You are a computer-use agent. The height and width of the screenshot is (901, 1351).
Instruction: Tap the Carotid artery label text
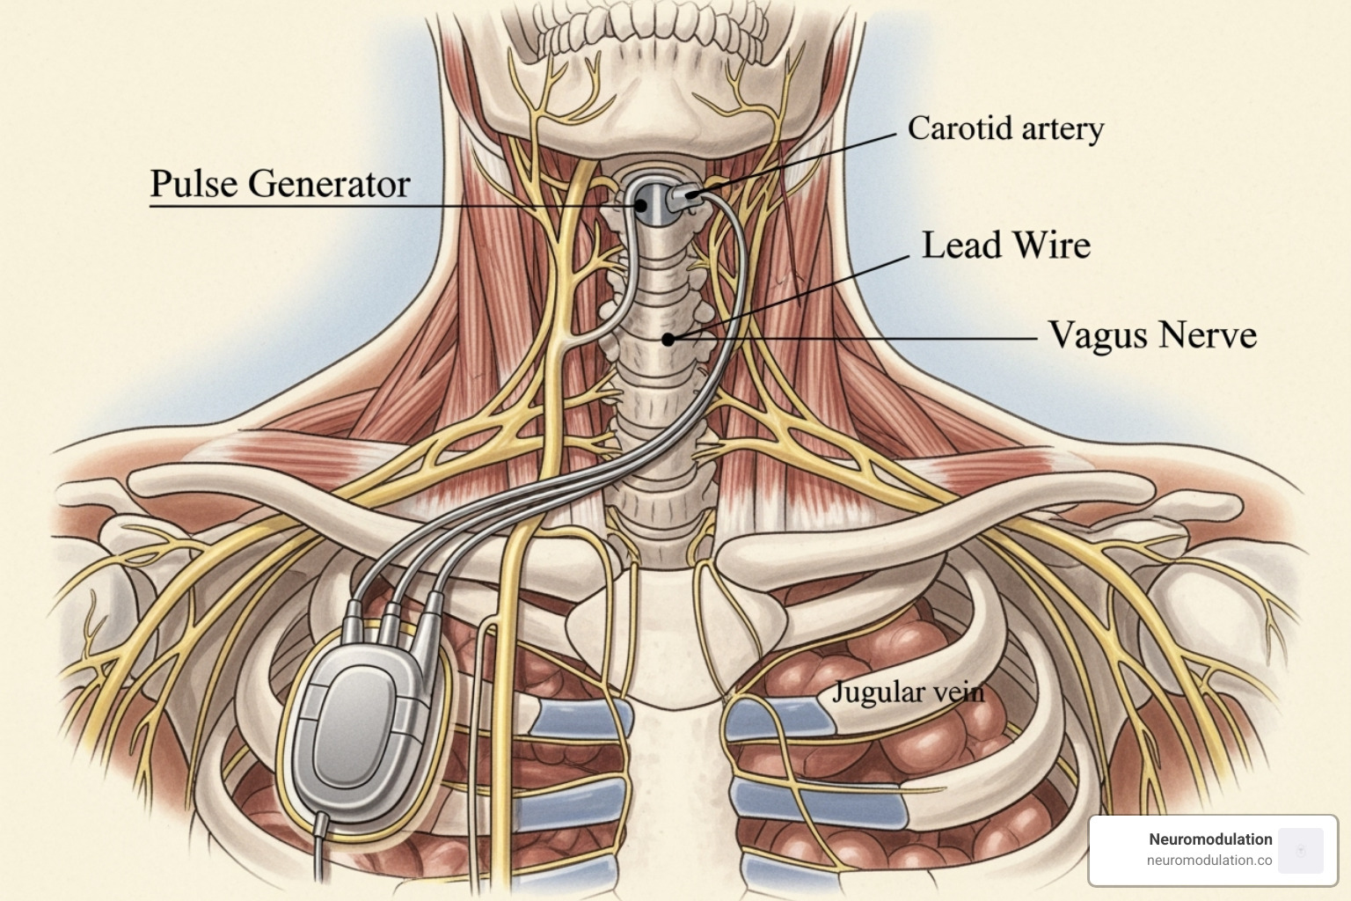(1005, 129)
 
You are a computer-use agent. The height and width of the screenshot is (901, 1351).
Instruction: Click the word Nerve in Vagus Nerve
(1207, 335)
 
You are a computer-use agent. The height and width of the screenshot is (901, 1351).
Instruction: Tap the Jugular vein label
(908, 692)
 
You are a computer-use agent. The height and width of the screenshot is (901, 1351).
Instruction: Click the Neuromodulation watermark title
(1210, 839)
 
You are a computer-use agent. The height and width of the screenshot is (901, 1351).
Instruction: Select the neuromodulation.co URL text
(1209, 861)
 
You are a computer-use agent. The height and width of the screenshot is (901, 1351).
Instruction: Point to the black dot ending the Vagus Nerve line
(668, 339)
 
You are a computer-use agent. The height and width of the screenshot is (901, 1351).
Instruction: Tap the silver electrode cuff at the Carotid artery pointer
(684, 196)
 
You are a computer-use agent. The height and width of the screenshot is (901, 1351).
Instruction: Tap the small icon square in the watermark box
(1301, 850)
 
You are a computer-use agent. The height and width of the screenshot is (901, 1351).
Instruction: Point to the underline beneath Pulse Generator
(281, 207)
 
